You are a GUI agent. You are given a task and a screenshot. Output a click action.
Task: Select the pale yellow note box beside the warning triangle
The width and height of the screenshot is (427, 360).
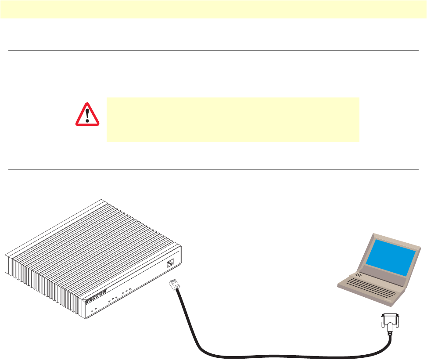(x=233, y=119)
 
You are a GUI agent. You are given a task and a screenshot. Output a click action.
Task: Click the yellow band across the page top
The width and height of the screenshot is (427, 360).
(x=213, y=9)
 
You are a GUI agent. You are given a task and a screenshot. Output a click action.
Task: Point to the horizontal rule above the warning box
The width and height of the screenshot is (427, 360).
(x=213, y=50)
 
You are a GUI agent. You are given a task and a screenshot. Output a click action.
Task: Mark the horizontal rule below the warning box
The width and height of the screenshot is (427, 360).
(x=213, y=169)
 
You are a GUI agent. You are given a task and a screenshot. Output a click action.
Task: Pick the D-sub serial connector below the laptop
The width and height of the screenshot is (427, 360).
(x=390, y=322)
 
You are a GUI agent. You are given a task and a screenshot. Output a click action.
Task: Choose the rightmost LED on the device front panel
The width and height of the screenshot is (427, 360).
(x=130, y=288)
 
